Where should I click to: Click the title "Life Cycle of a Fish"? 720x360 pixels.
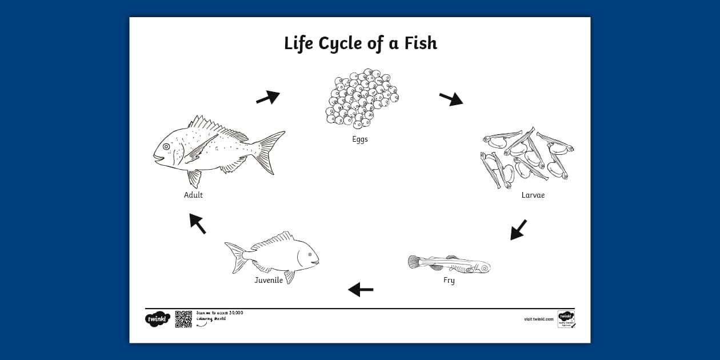(x=360, y=43)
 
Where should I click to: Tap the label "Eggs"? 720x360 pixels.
(x=360, y=139)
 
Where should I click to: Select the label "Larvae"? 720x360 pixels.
(x=533, y=195)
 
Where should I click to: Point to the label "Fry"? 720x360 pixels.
(x=449, y=281)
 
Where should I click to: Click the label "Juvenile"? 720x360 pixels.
(x=269, y=281)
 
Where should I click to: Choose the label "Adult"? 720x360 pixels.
(x=193, y=195)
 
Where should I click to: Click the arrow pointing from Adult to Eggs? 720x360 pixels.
(x=267, y=98)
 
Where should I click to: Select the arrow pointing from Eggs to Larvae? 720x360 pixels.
(x=451, y=99)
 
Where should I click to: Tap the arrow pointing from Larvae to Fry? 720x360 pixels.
(x=518, y=230)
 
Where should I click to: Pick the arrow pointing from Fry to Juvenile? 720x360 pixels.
(x=361, y=290)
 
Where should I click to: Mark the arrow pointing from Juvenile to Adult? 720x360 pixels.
(x=198, y=223)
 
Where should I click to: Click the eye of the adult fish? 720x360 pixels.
(x=166, y=147)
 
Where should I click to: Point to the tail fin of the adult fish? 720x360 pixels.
(x=269, y=151)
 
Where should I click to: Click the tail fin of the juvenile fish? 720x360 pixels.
(x=235, y=256)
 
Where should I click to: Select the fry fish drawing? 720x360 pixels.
(x=449, y=264)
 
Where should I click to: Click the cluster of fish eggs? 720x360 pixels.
(x=361, y=98)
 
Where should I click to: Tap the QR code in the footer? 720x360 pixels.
(x=183, y=319)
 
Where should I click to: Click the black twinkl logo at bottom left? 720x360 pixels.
(x=158, y=319)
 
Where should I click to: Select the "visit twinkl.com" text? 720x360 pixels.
(x=539, y=319)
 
